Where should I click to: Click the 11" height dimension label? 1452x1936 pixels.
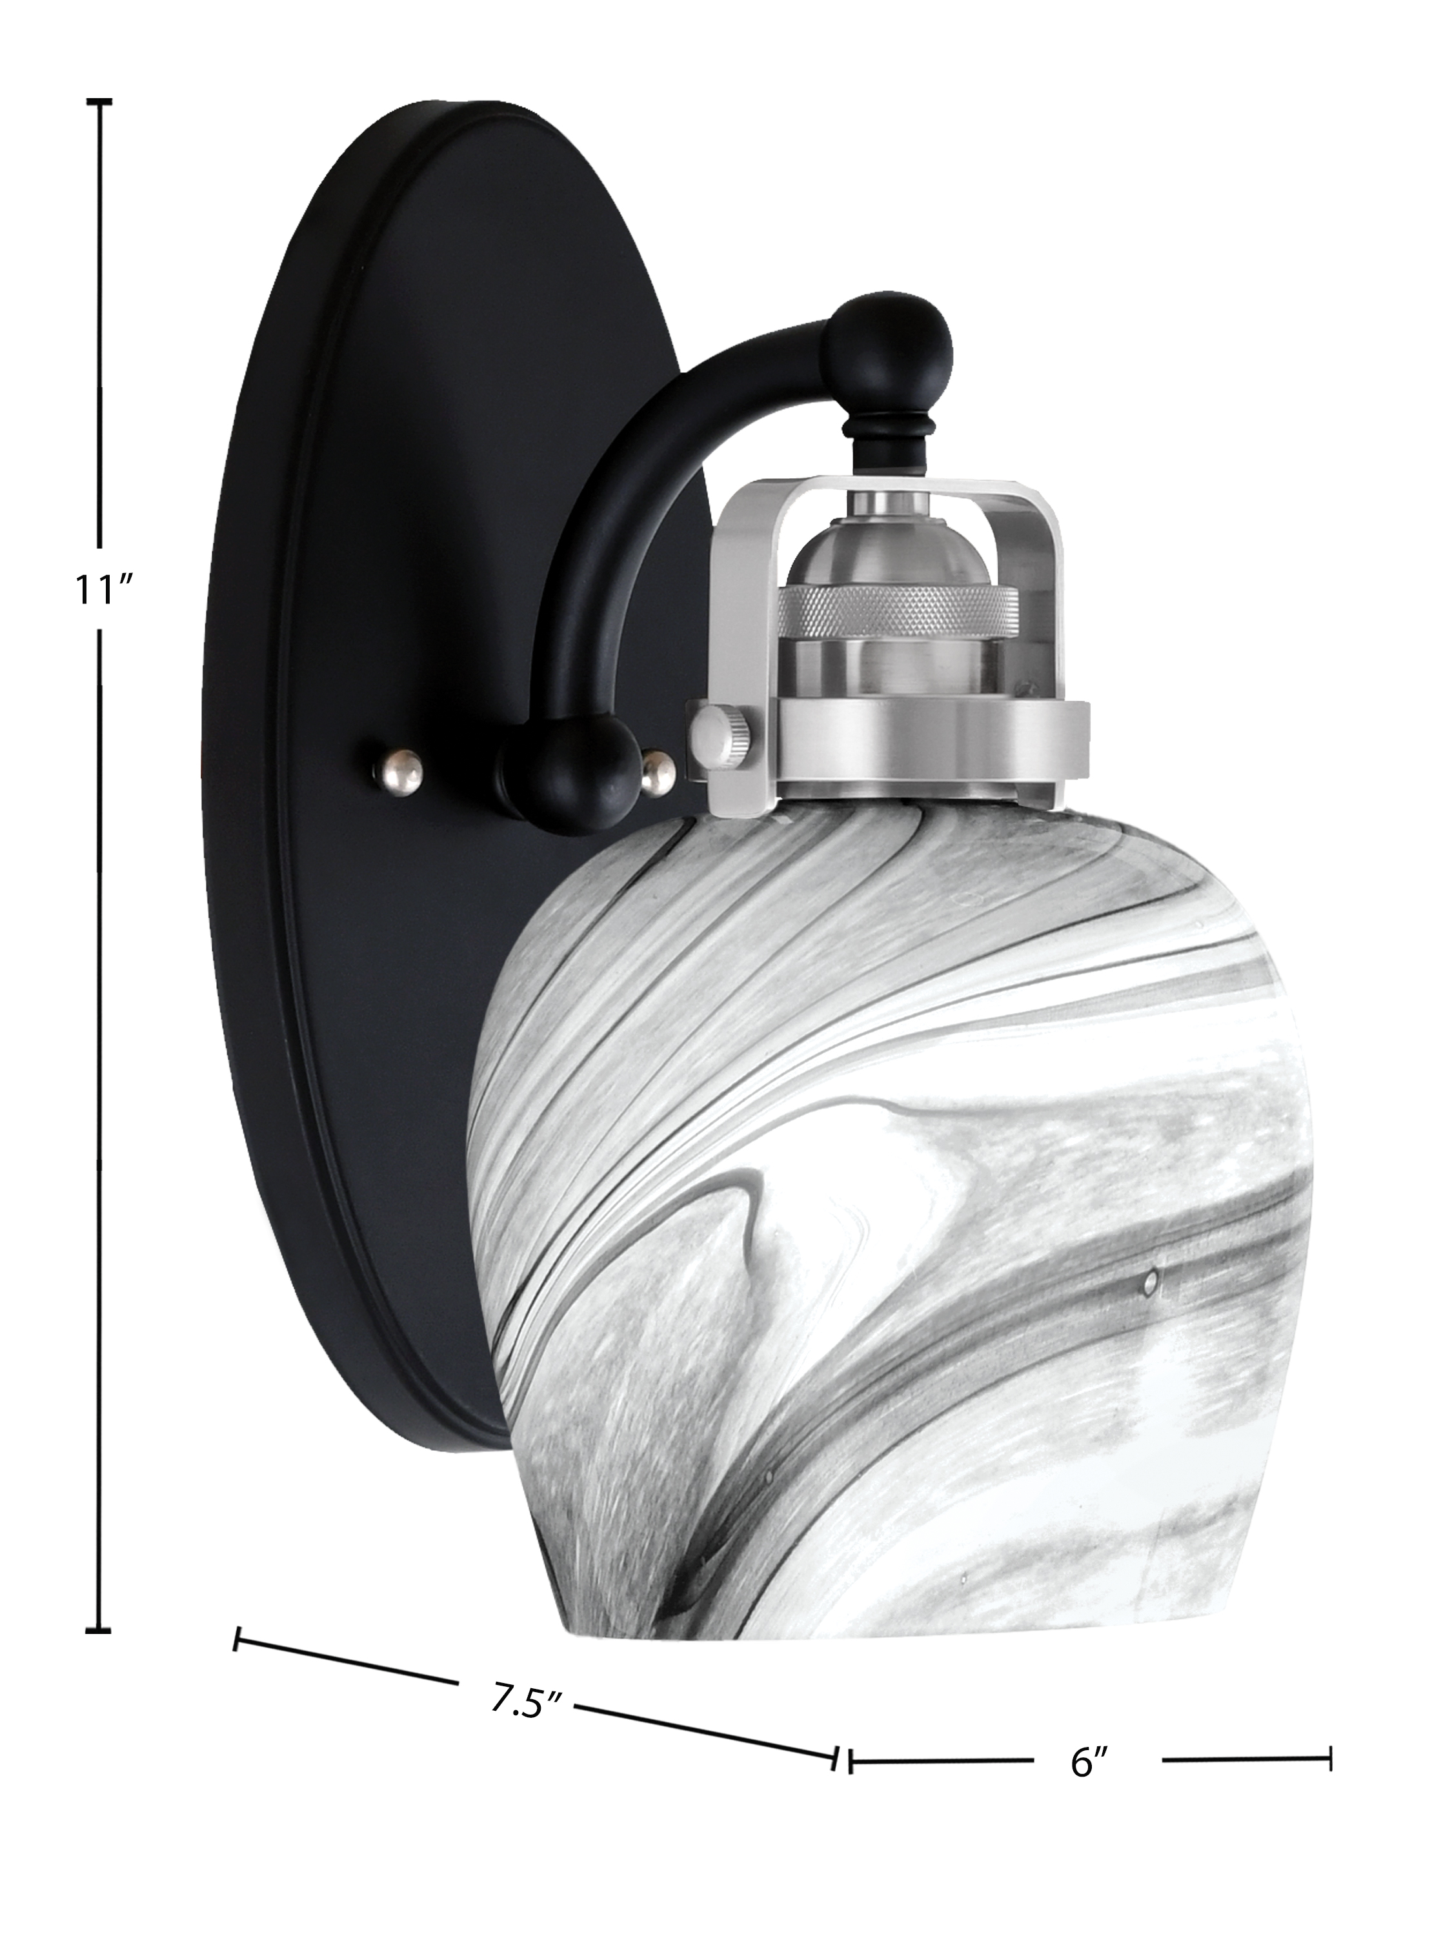103,590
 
